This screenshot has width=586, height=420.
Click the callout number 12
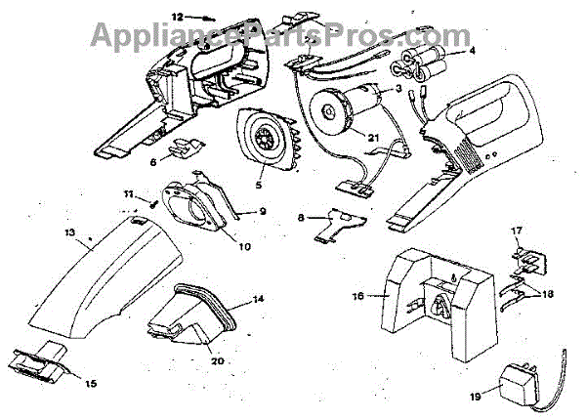click(x=177, y=17)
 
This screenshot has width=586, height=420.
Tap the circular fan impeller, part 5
click(x=264, y=140)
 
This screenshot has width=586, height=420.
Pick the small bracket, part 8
click(x=337, y=224)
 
